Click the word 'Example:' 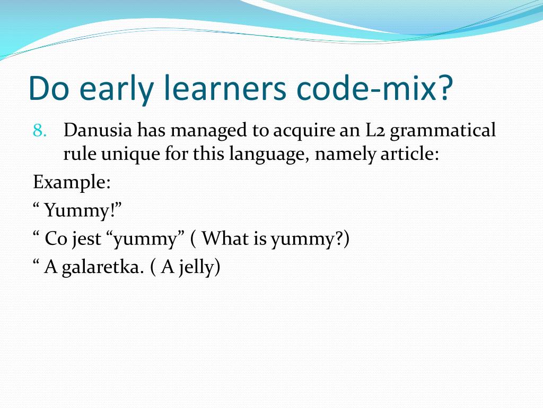pos(72,183)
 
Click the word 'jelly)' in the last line pos(199,267)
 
